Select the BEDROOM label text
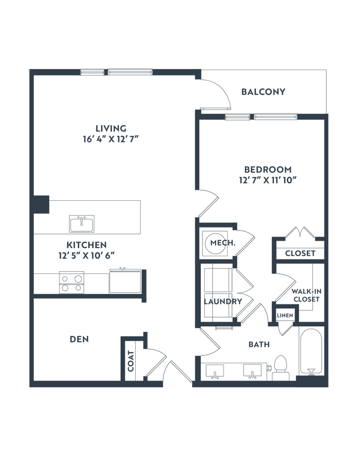tap(267, 169)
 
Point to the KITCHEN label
tap(86, 244)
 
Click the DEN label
tap(79, 339)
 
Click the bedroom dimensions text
tap(267, 180)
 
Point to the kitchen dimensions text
tap(86, 256)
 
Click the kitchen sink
tap(81, 223)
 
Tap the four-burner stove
tap(71, 282)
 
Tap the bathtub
tap(311, 350)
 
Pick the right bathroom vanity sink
tap(251, 373)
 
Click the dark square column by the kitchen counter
tap(42, 203)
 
